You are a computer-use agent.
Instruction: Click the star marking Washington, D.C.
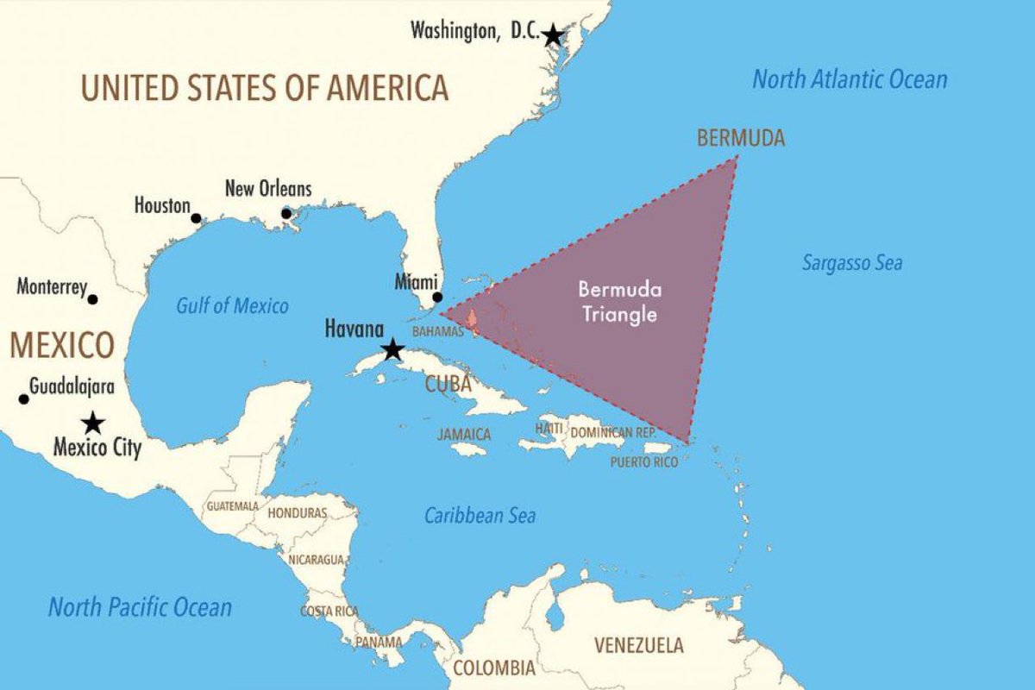click(x=553, y=36)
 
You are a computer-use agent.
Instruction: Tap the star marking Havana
click(x=392, y=349)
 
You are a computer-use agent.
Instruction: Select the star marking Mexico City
click(x=92, y=423)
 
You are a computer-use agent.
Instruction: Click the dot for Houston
click(x=196, y=218)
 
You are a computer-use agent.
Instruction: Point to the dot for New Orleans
click(x=286, y=213)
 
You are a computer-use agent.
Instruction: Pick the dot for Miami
click(x=437, y=297)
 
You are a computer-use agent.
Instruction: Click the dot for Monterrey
click(x=93, y=299)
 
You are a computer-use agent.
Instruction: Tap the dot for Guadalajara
click(x=23, y=398)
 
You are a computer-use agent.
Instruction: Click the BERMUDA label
click(x=741, y=138)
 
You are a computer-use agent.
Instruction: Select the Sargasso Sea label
click(x=852, y=263)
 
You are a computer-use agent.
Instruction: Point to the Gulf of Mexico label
click(x=233, y=305)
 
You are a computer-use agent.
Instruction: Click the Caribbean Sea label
click(x=480, y=516)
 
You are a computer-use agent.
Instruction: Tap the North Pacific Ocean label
click(x=140, y=607)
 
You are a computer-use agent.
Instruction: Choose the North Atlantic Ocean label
click(x=850, y=80)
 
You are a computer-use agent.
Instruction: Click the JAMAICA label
click(x=464, y=435)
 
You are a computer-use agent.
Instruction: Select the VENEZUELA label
click(x=639, y=645)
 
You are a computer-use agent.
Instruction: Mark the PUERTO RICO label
click(x=643, y=462)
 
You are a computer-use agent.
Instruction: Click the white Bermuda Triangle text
click(x=618, y=302)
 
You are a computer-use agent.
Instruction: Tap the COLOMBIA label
click(x=494, y=668)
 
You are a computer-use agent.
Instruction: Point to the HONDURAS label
click(x=298, y=512)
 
